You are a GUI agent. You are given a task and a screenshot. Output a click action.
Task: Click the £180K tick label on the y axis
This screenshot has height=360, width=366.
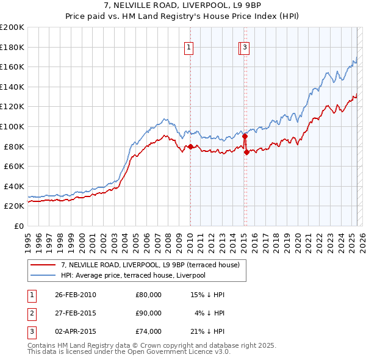[12, 47]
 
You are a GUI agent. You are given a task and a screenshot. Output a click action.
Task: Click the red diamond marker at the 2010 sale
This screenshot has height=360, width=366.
[190, 146]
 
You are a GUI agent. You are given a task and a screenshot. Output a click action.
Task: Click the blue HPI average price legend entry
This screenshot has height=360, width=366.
[133, 275]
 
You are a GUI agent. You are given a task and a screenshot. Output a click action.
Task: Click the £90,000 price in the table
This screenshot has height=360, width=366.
[149, 313]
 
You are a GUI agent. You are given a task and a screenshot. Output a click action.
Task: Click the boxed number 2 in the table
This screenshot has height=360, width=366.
[31, 313]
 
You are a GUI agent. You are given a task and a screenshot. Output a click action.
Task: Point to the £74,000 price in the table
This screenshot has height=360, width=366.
[149, 331]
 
